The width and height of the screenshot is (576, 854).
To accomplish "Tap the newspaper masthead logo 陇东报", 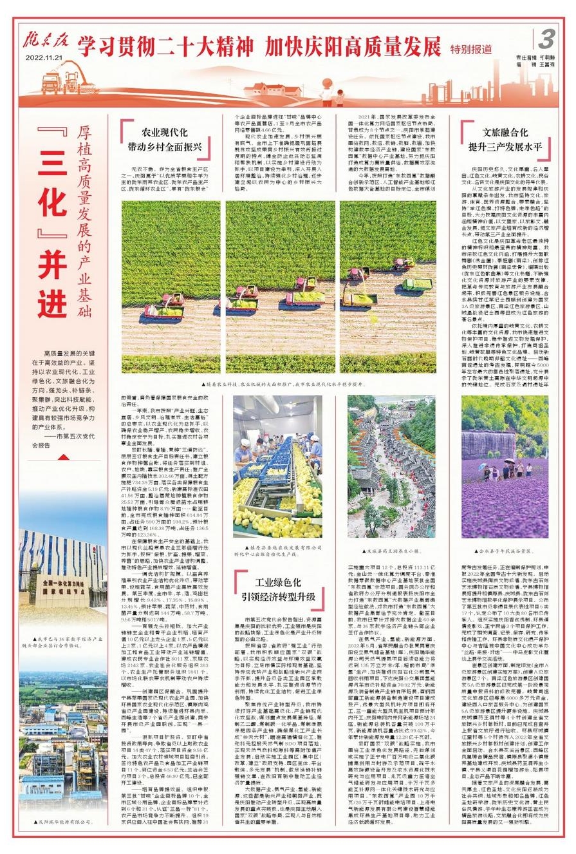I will click(44, 41).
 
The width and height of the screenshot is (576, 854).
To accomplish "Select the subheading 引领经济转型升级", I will click(281, 596).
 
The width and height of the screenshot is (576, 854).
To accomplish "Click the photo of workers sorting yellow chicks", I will click(277, 467).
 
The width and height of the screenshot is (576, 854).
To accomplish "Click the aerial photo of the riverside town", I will click(391, 466).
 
